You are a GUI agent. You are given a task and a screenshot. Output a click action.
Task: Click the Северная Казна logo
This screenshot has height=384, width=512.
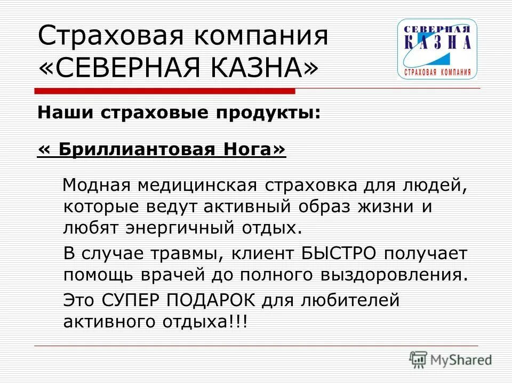click(437, 49)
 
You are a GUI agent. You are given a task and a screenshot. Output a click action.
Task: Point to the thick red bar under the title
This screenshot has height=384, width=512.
click(165, 92)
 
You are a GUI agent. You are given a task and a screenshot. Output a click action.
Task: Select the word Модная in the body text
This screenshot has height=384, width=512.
click(97, 185)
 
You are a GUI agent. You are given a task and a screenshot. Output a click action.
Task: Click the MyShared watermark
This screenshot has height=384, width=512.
click(451, 359)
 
